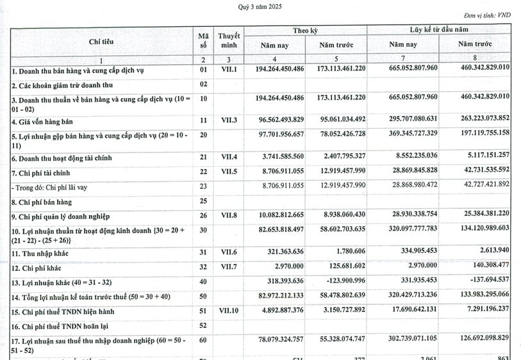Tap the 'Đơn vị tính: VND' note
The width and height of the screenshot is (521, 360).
[x=489, y=15]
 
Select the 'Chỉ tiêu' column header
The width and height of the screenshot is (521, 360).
[x=103, y=41]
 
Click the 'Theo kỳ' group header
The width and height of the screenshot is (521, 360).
[x=305, y=30]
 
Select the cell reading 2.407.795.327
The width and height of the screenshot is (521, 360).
[x=341, y=156]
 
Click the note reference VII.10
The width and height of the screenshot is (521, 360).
[x=228, y=311]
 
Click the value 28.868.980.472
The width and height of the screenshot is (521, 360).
[x=413, y=185]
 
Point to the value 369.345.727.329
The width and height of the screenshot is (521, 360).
[x=413, y=133]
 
